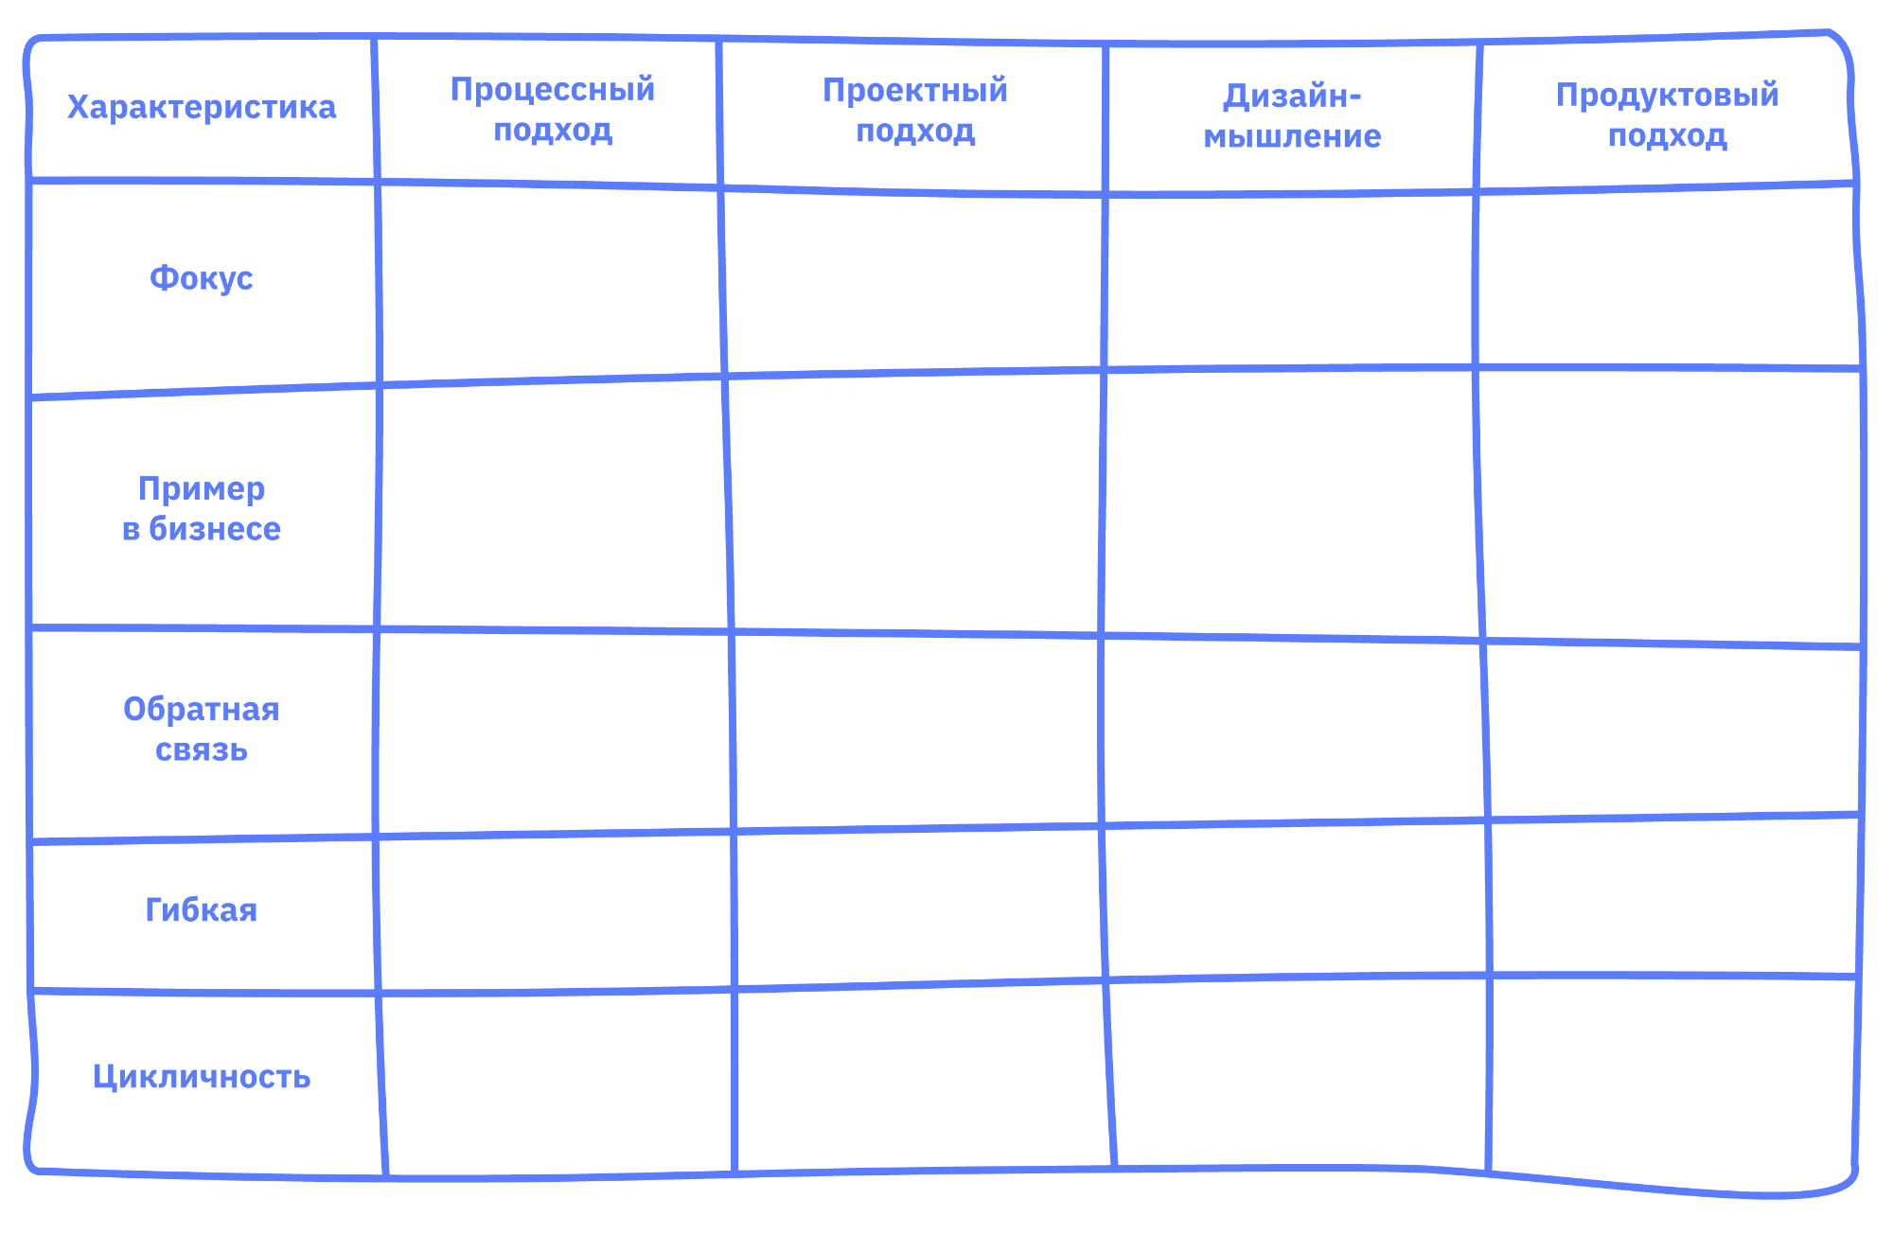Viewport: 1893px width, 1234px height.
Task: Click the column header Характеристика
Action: pyautogui.click(x=201, y=107)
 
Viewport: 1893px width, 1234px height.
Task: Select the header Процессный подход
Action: pyautogui.click(x=552, y=109)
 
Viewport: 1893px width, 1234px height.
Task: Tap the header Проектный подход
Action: pyautogui.click(x=914, y=110)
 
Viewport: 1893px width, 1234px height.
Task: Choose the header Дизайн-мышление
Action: pyautogui.click(x=1292, y=115)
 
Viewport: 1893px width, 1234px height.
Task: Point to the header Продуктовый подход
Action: pyautogui.click(x=1667, y=115)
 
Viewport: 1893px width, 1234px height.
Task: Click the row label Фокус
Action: pyautogui.click(x=201, y=278)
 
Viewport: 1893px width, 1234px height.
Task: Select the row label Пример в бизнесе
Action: pyautogui.click(x=201, y=508)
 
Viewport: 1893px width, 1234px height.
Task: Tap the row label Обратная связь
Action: pyautogui.click(x=201, y=729)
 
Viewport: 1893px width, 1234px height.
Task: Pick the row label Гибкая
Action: pyautogui.click(x=201, y=909)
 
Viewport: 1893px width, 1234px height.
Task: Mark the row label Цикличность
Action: pyautogui.click(x=201, y=1076)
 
